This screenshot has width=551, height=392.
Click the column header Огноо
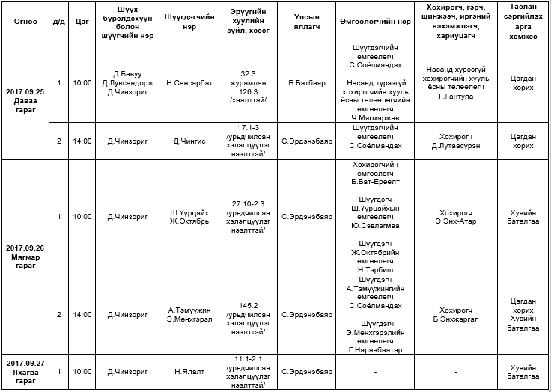25,22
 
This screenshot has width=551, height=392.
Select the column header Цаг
82,22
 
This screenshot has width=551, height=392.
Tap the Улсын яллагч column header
307,22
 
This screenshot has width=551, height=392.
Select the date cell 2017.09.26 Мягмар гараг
25,254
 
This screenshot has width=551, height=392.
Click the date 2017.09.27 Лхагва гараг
25,371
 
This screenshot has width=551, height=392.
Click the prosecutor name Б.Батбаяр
307,82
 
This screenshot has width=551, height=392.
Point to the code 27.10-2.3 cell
248,217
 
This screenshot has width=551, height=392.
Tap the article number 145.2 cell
248,314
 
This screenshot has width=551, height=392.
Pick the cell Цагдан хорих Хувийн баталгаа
523,314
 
